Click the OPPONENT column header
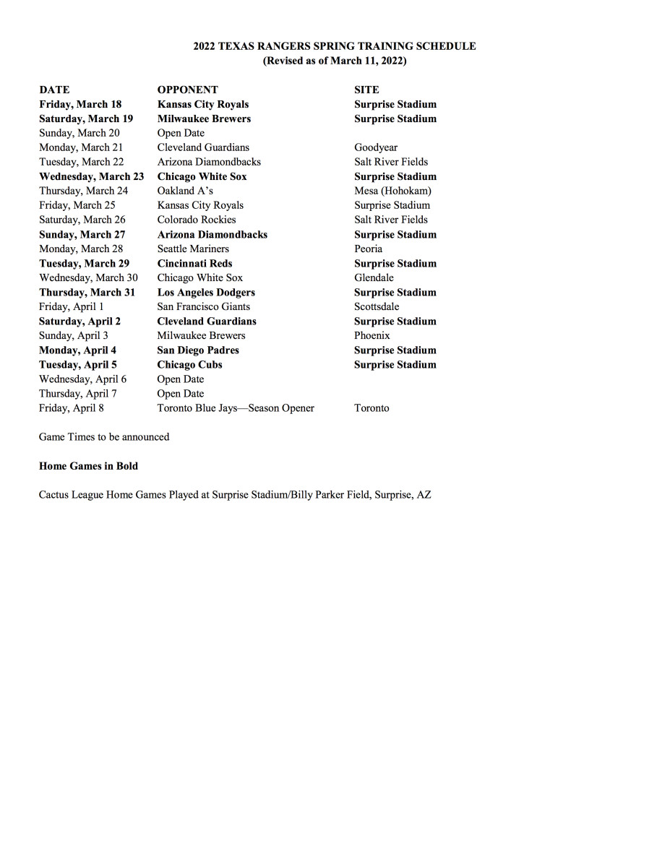tap(187, 90)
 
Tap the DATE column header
tap(54, 90)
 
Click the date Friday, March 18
tap(80, 104)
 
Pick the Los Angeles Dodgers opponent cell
tap(206, 292)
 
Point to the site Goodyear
tap(376, 147)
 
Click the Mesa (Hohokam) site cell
tap(392, 191)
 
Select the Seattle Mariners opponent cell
tap(193, 249)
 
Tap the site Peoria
tap(369, 249)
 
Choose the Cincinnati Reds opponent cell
tap(194, 263)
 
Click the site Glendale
tap(374, 277)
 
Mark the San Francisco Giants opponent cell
tap(204, 306)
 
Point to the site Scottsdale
tap(377, 306)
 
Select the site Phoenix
tap(372, 335)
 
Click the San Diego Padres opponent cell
tap(198, 350)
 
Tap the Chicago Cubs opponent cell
tap(189, 364)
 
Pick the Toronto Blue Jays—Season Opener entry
tap(236, 408)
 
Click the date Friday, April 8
tap(72, 408)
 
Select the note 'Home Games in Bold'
tap(88, 466)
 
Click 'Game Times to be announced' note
tap(104, 437)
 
